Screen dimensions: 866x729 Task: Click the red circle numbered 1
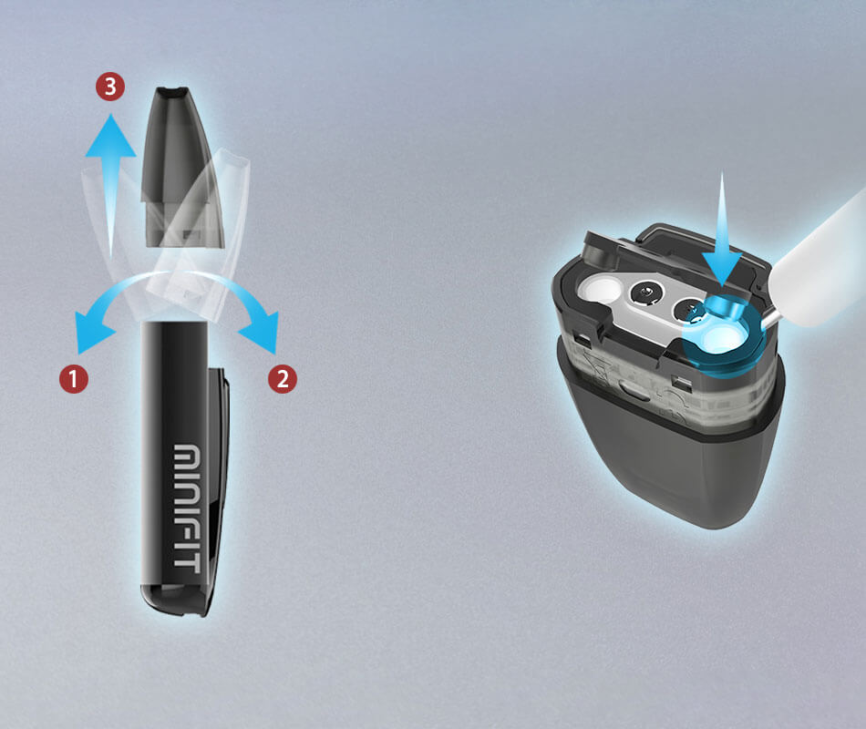(74, 379)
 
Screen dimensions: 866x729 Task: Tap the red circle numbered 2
(283, 379)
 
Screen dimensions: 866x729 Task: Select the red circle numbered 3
(110, 87)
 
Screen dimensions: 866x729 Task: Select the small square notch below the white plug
(582, 336)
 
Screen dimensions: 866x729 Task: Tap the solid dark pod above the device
(181, 166)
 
